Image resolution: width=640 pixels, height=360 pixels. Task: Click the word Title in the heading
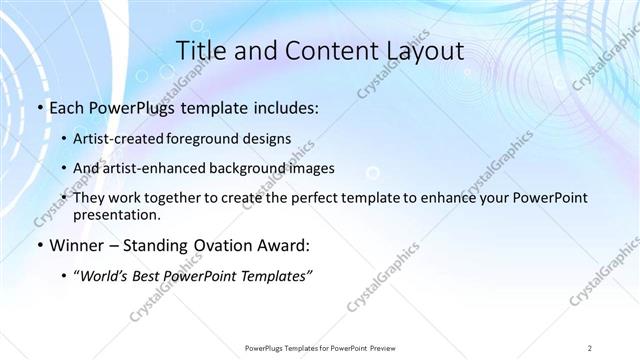coord(199,51)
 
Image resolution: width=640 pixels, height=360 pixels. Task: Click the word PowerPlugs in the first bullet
coord(128,108)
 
